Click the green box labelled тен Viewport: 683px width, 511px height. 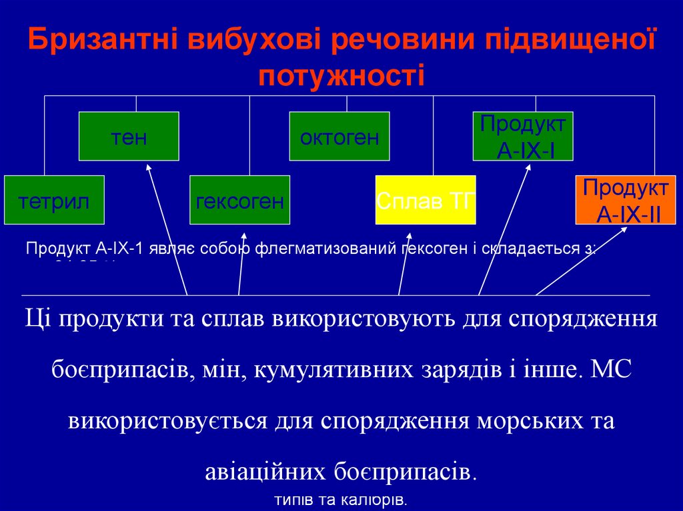coord(129,137)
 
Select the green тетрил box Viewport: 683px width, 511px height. coord(54,200)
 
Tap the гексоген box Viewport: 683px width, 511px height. coord(239,200)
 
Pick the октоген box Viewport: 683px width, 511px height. coord(339,137)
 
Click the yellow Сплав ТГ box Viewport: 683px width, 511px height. coord(426,200)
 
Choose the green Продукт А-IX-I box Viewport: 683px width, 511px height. coord(523,137)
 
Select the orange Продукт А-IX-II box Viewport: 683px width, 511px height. coord(626,200)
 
